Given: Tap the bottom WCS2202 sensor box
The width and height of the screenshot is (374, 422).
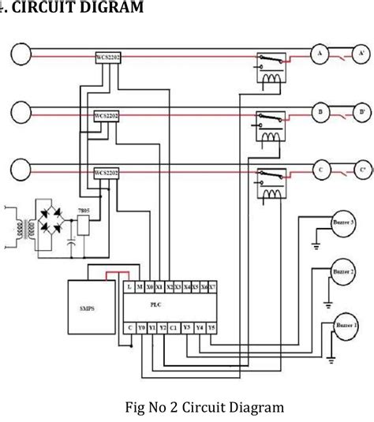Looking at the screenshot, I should pyautogui.click(x=107, y=172).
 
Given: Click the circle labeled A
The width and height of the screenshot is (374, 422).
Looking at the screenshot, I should pyautogui.click(x=321, y=54).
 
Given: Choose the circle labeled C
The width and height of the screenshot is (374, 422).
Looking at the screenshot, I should pyautogui.click(x=321, y=169).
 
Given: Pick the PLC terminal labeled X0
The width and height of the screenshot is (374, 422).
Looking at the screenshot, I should pyautogui.click(x=148, y=287).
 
